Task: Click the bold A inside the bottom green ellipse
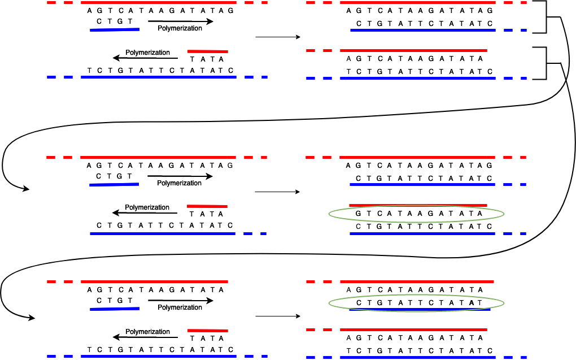tap(472, 303)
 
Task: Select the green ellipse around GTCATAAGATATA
tap(416, 214)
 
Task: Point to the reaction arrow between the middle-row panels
tap(277, 192)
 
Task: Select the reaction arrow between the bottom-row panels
tap(277, 316)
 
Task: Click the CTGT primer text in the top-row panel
tap(115, 21)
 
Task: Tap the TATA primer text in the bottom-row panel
tap(207, 338)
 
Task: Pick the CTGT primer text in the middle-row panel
tap(115, 176)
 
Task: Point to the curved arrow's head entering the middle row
tap(25, 189)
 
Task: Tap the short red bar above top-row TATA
tap(207, 51)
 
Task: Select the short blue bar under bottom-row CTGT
tap(114, 309)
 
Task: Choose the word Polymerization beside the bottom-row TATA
tap(147, 332)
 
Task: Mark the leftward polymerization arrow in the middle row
tap(145, 213)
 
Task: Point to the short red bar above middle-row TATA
tap(207, 206)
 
